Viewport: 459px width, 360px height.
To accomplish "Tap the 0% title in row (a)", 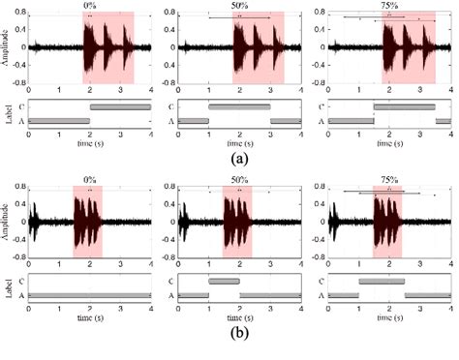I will click(90, 8).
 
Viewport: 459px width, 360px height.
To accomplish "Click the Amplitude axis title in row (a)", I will click(8, 47).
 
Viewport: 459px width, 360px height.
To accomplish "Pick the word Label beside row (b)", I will click(8, 287).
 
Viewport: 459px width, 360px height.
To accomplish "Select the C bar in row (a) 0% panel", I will click(120, 105).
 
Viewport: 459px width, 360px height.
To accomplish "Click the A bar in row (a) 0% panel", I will click(59, 120).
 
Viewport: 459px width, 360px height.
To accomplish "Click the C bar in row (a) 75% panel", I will click(404, 105).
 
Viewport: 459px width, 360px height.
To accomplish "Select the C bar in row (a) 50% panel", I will click(239, 105).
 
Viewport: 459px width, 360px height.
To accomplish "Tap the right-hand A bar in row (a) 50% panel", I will click(286, 120).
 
